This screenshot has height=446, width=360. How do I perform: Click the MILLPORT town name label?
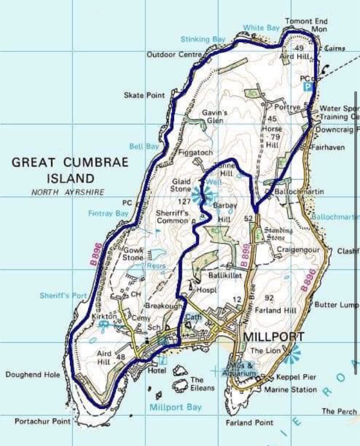tap(273, 336)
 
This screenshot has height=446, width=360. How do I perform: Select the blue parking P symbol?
tap(308, 87)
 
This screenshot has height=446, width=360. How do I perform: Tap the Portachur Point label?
tap(42, 422)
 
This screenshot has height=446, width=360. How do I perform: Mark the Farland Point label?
tap(250, 422)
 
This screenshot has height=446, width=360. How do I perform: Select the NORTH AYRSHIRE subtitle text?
tap(67, 192)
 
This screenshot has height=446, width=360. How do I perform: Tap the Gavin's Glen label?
tap(214, 116)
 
